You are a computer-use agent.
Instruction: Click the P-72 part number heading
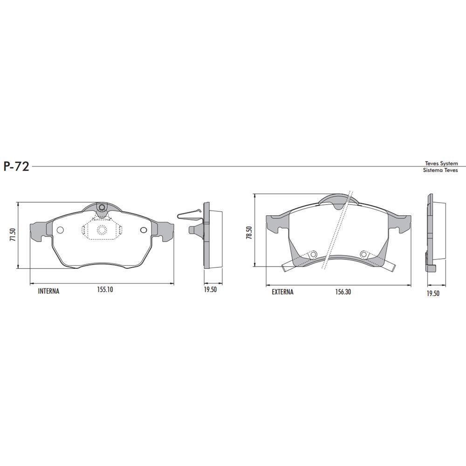16,167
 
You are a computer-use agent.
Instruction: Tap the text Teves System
441,164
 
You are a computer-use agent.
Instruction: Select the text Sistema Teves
440,170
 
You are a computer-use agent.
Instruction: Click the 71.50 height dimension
12,235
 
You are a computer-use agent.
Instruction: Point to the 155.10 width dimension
105,289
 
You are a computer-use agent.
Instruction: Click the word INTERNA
49,291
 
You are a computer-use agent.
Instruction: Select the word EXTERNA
283,292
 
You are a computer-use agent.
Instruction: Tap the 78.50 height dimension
249,233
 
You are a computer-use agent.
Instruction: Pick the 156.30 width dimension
343,292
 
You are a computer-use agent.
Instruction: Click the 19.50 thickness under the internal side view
210,290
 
